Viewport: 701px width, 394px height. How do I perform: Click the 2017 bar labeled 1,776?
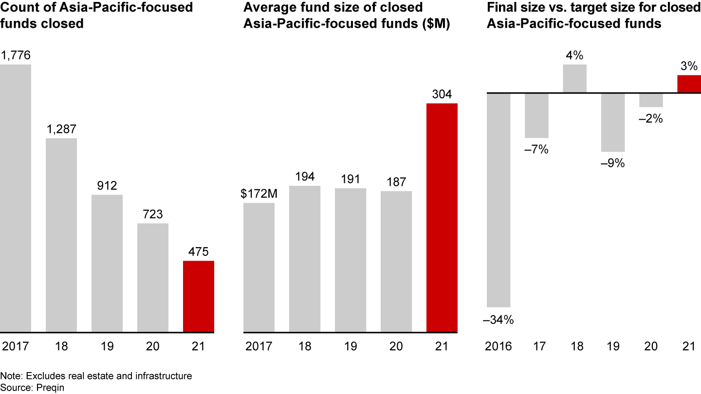click(16, 198)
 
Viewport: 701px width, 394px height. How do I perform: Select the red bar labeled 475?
click(198, 297)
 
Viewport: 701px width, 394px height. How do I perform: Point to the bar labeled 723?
click(152, 278)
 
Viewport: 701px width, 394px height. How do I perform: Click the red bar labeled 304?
click(442, 218)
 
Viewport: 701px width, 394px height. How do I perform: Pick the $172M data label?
click(259, 194)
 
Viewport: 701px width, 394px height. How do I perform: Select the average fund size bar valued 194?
click(304, 259)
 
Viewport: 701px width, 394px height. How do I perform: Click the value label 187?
click(396, 182)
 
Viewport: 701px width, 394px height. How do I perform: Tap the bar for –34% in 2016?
click(498, 200)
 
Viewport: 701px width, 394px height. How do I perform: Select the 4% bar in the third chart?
click(574, 78)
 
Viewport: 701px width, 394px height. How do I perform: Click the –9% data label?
click(612, 163)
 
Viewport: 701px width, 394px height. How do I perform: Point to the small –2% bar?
click(651, 100)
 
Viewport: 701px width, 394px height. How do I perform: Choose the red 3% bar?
click(689, 84)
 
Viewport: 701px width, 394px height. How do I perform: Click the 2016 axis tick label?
click(498, 346)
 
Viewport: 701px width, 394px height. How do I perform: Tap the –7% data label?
click(536, 150)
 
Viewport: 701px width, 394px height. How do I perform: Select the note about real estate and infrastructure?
click(96, 376)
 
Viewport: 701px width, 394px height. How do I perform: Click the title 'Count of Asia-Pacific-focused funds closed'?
click(96, 15)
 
